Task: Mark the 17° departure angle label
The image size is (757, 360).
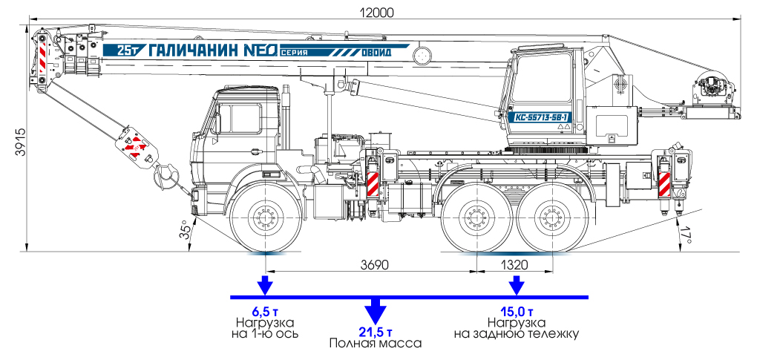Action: [686, 237]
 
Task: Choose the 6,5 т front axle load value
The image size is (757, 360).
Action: [264, 311]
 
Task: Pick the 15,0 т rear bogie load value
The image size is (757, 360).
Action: [517, 311]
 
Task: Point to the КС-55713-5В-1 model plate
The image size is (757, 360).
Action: [541, 117]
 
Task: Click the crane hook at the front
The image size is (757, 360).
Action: [165, 177]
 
